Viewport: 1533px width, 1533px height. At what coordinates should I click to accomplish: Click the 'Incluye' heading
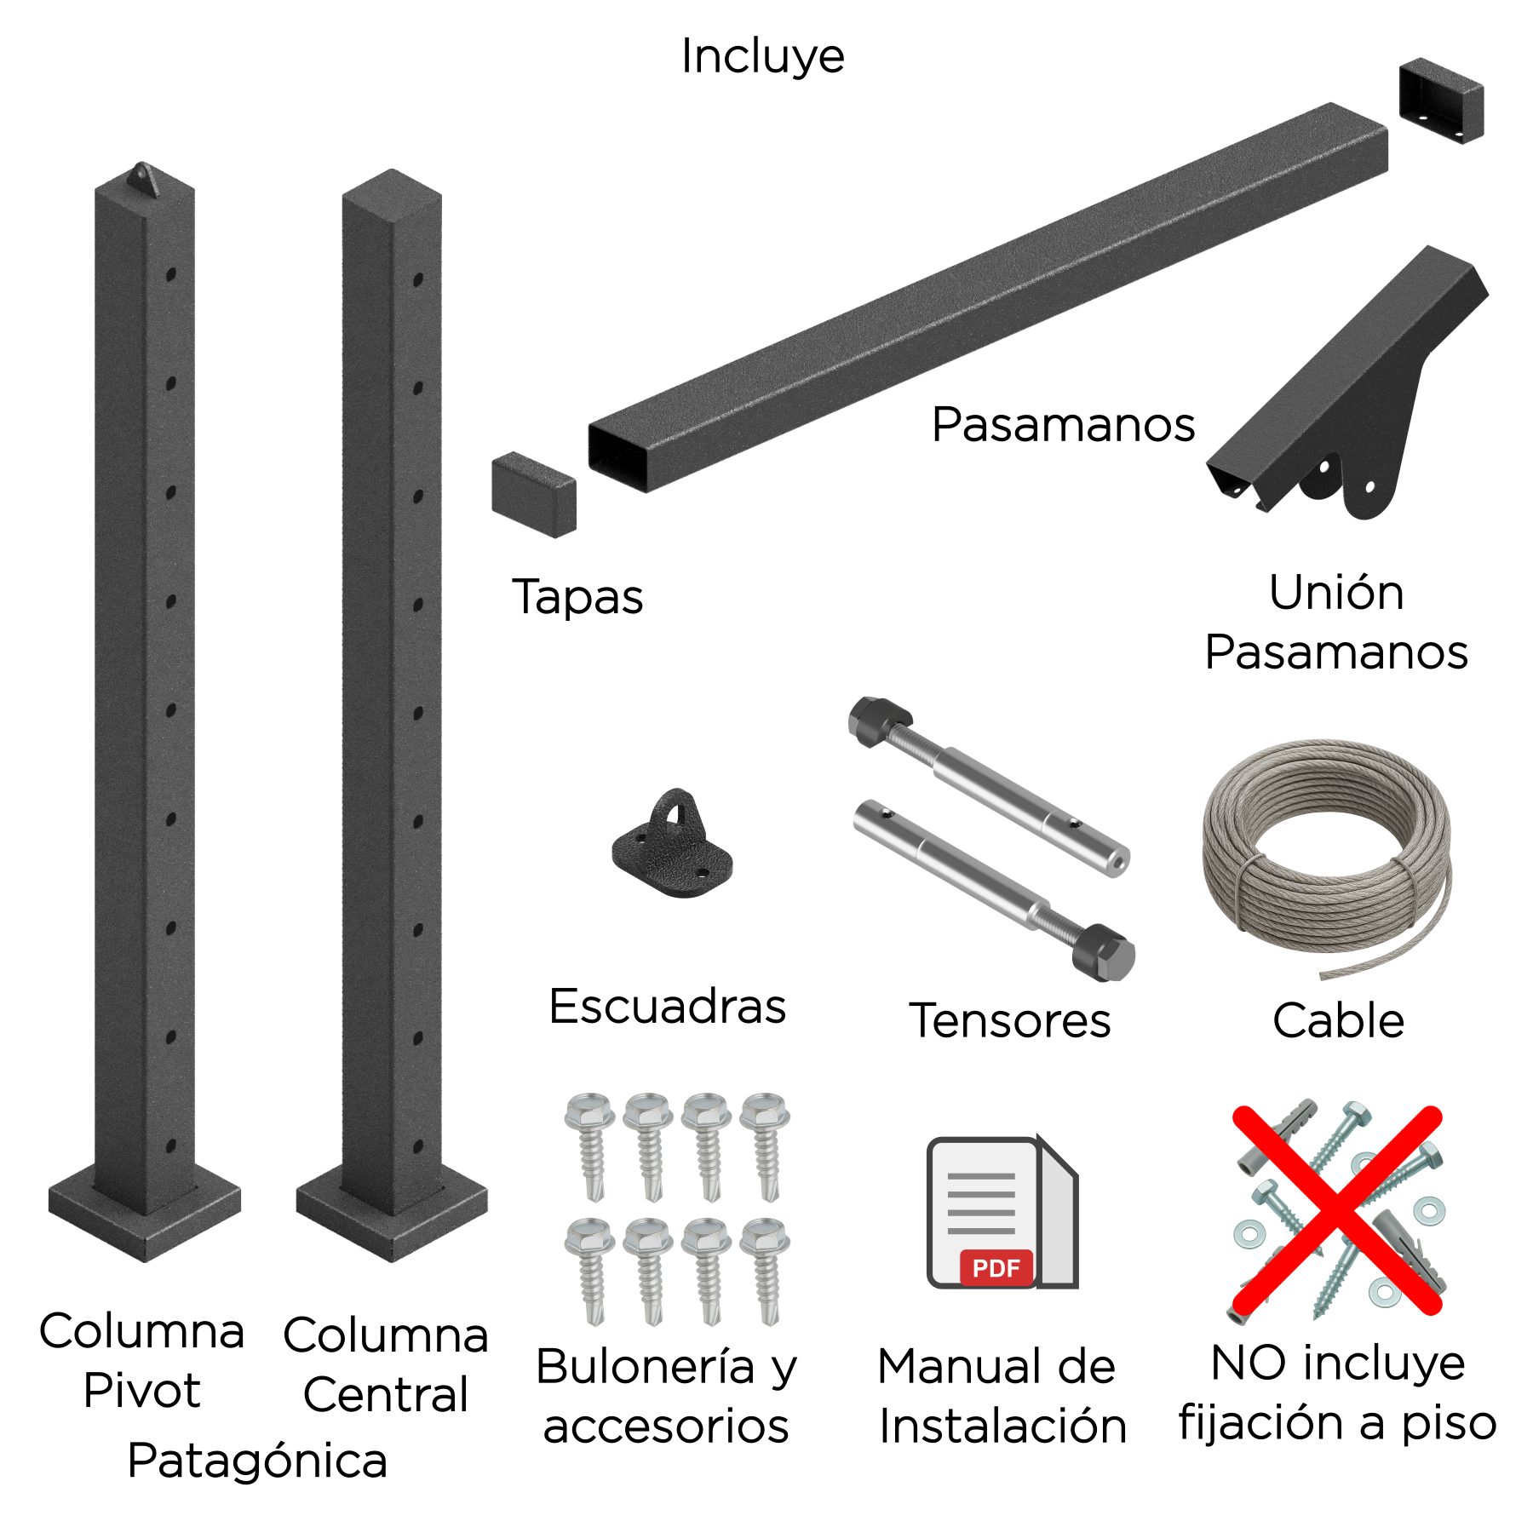pyautogui.click(x=762, y=57)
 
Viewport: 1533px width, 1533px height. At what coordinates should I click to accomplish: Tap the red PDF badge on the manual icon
pyautogui.click(x=996, y=1268)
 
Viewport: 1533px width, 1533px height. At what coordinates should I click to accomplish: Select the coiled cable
pyautogui.click(x=1327, y=856)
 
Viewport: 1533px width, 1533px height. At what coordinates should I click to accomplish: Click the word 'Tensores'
pyautogui.click(x=1010, y=1020)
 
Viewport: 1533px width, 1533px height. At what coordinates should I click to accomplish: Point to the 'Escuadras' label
pyautogui.click(x=668, y=1006)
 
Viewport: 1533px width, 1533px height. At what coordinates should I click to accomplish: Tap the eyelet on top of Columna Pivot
pyautogui.click(x=142, y=180)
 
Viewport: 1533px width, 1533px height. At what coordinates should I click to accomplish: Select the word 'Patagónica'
pyautogui.click(x=257, y=1461)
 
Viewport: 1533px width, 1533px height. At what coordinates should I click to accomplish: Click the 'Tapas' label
pyautogui.click(x=577, y=597)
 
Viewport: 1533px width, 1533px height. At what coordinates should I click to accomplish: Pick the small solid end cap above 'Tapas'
pyautogui.click(x=534, y=495)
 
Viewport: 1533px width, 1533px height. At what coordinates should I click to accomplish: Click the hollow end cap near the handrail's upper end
pyautogui.click(x=1441, y=100)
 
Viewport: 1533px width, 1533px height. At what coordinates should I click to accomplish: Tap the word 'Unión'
pyautogui.click(x=1336, y=592)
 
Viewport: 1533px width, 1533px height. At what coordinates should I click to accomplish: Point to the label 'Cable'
pyautogui.click(x=1338, y=1020)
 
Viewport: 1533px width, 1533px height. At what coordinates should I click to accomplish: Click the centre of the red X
pyautogui.click(x=1337, y=1210)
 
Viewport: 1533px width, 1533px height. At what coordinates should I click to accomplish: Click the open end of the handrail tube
pyautogui.click(x=617, y=456)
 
